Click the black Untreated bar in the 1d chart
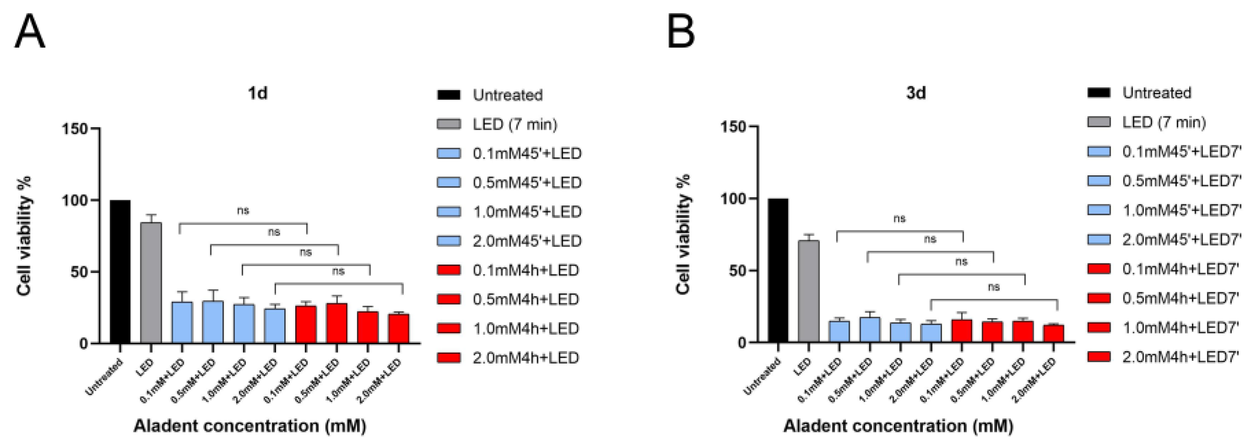pyautogui.click(x=120, y=272)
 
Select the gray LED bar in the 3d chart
pyautogui.click(x=809, y=291)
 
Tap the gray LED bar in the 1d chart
pyautogui.click(x=151, y=283)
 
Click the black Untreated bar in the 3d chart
pyautogui.click(x=778, y=270)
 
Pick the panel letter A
pyautogui.click(x=30, y=32)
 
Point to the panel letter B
pyautogui.click(x=681, y=32)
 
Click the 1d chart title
pyautogui.click(x=258, y=93)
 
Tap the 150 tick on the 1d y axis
pyautogui.click(x=75, y=129)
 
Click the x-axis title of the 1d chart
pyautogui.click(x=250, y=426)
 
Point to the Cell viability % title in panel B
pyautogui.click(x=683, y=235)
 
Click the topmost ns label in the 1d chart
pyautogui.click(x=243, y=210)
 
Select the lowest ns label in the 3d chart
pyautogui.click(x=993, y=287)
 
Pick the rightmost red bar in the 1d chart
pyautogui.click(x=399, y=328)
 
